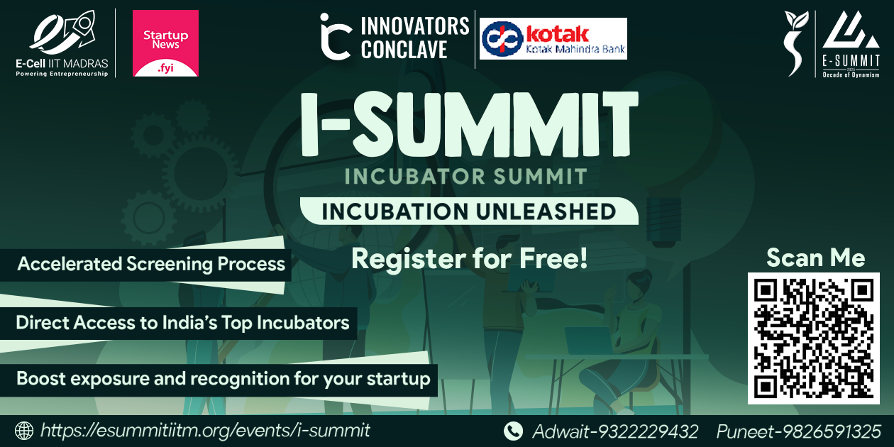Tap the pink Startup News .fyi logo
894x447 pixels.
click(x=165, y=43)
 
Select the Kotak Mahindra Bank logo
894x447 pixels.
click(x=553, y=39)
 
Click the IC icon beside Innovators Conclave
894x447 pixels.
click(x=335, y=36)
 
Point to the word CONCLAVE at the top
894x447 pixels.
click(x=404, y=50)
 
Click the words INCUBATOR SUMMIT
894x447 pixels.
click(x=466, y=176)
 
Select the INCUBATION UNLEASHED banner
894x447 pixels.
click(x=468, y=211)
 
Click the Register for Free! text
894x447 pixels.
click(x=470, y=258)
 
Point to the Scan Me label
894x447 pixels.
click(x=815, y=258)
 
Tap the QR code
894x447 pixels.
click(x=813, y=338)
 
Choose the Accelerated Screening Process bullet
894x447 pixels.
click(x=151, y=265)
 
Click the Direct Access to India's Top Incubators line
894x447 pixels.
click(x=182, y=323)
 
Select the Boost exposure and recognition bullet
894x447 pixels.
click(x=223, y=379)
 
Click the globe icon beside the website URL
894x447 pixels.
click(x=24, y=431)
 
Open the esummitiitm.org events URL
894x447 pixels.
click(x=205, y=431)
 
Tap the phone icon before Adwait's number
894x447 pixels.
click(x=512, y=431)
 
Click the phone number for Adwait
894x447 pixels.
click(x=615, y=431)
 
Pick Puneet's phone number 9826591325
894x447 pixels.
click(x=798, y=431)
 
